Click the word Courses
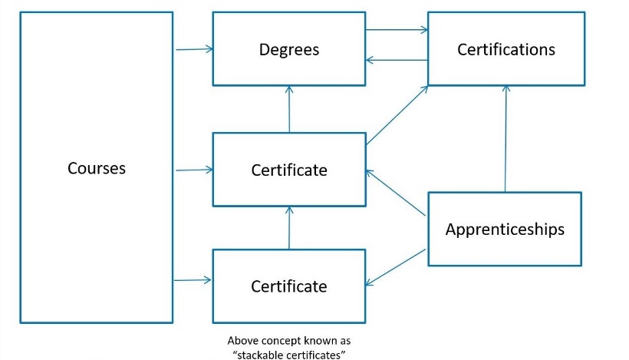click(x=96, y=167)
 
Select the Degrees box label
click(x=288, y=50)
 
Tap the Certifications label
click(x=506, y=49)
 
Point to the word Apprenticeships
click(x=505, y=229)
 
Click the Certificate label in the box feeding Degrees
click(x=288, y=170)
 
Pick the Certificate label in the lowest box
click(x=288, y=286)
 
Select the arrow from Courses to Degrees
click(x=194, y=50)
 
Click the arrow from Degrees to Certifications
click(x=396, y=31)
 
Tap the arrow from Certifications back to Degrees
click(x=396, y=60)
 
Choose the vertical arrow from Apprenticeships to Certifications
click(x=506, y=138)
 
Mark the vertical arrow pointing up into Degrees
click(x=289, y=109)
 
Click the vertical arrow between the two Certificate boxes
click(x=289, y=227)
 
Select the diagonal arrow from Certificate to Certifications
click(x=397, y=115)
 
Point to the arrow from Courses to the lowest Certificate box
click(x=194, y=280)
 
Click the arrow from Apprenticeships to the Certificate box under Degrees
click(x=397, y=192)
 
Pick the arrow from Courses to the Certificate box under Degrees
click(x=194, y=170)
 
